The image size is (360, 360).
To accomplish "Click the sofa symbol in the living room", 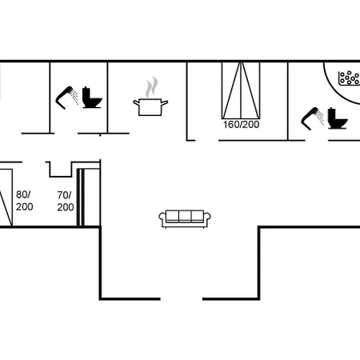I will tap(186, 218).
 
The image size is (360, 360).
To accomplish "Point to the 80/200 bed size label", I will tap(25, 201).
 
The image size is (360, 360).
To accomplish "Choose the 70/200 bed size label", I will tap(65, 201).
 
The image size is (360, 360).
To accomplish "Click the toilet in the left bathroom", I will tap(92, 97).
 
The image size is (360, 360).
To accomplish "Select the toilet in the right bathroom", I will tap(338, 119).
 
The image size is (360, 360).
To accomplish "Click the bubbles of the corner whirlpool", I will tap(349, 78).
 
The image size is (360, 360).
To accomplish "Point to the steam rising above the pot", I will tap(150, 86).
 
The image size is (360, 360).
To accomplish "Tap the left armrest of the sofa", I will tap(162, 218).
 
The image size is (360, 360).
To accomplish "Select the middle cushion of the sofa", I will tap(186, 217).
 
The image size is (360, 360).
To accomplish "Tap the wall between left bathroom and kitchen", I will tap(108, 96).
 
